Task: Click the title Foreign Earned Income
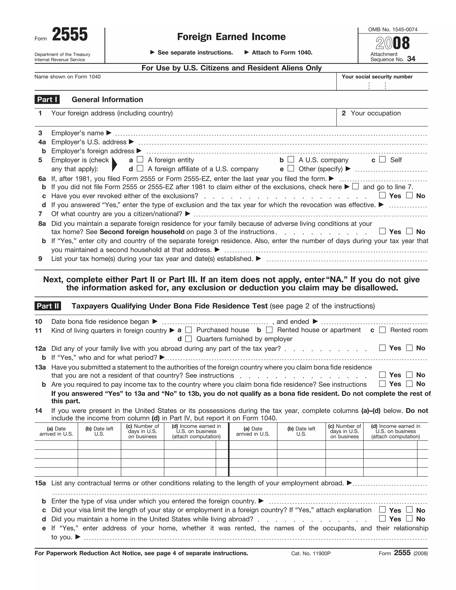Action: click(x=231, y=37)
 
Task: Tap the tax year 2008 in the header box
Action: click(x=393, y=43)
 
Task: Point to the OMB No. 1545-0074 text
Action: click(x=393, y=29)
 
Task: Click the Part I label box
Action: click(x=47, y=100)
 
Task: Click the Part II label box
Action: click(x=48, y=306)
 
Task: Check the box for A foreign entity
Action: click(x=140, y=159)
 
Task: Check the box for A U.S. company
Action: click(x=291, y=159)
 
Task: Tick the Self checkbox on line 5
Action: click(x=382, y=159)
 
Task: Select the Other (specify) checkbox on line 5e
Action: click(x=291, y=168)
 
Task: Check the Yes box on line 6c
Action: click(x=382, y=195)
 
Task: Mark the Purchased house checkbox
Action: click(x=189, y=330)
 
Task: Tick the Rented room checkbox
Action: click(x=382, y=330)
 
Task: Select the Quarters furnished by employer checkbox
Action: click(x=189, y=339)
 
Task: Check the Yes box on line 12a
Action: click(x=382, y=348)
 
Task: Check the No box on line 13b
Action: click(x=409, y=384)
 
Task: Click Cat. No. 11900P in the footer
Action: click(x=311, y=553)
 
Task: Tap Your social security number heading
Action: click(x=377, y=77)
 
